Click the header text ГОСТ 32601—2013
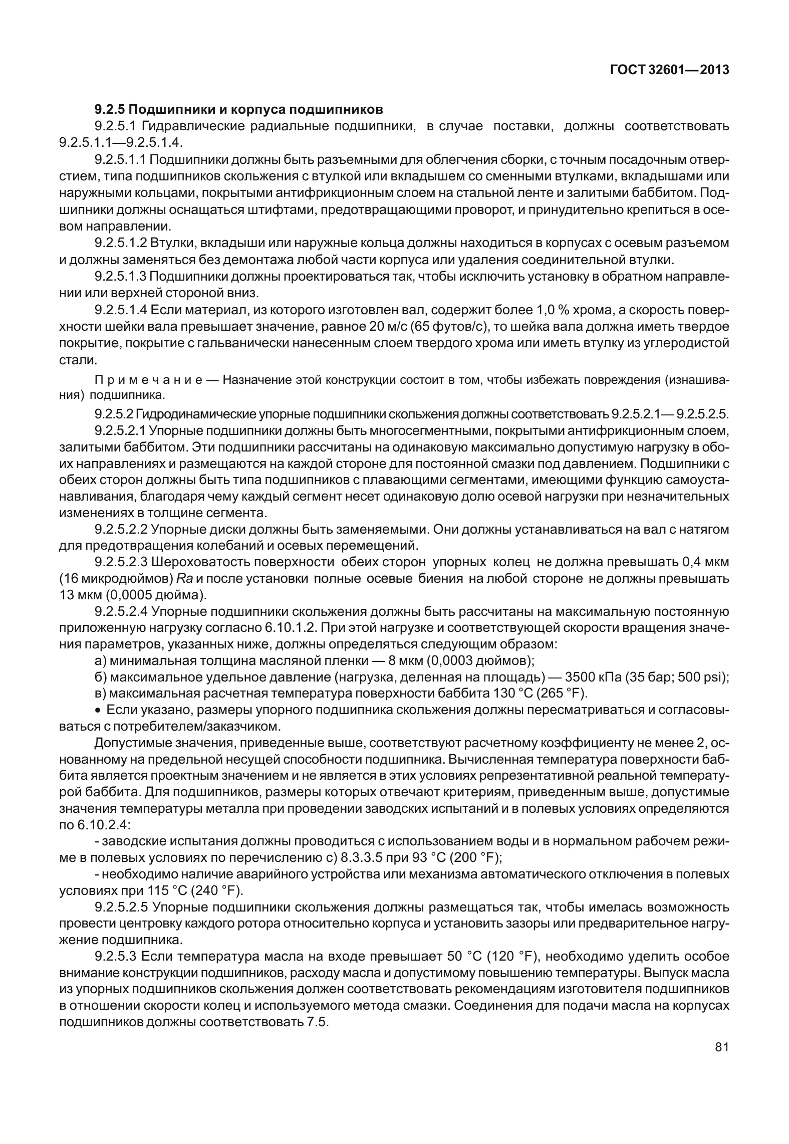pos(669,70)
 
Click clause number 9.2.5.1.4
pos(120,310)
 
